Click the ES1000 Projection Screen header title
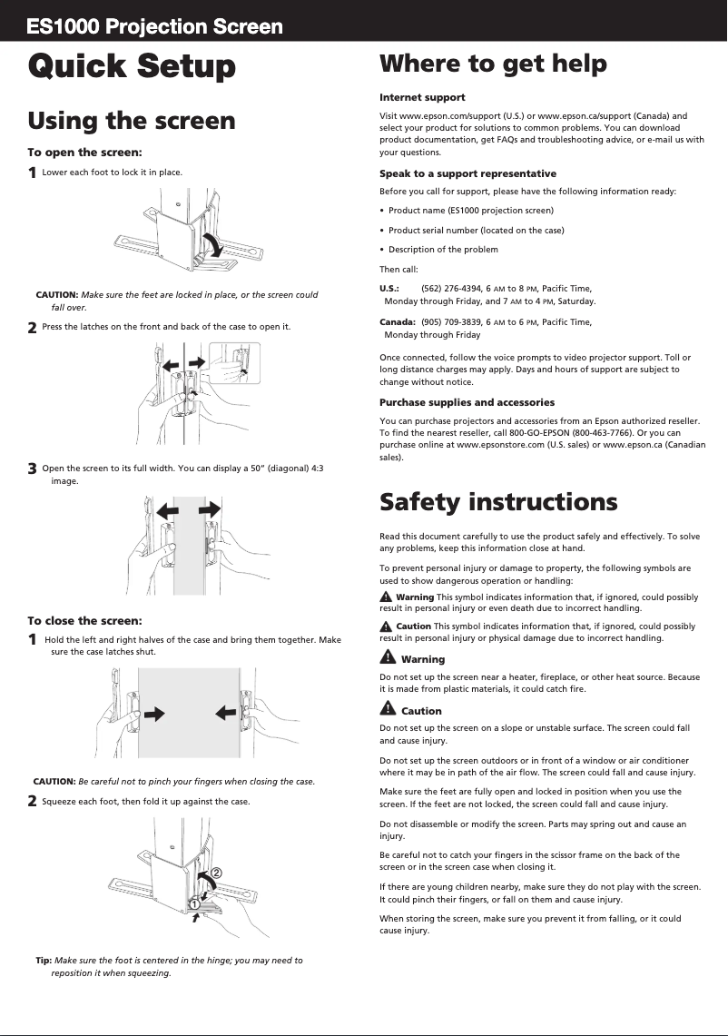155,26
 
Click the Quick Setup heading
132,66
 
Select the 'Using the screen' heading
132,121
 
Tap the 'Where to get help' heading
493,64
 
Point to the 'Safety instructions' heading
498,501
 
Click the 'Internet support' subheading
422,97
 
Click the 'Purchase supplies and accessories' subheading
467,402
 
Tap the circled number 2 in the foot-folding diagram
217,872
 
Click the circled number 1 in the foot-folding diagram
194,903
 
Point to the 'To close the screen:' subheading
85,621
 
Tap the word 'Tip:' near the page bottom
44,960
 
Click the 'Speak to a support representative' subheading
467,173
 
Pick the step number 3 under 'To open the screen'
33,469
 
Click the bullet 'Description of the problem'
443,250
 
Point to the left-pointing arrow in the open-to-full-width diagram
160,508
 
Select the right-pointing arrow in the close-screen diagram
155,714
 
